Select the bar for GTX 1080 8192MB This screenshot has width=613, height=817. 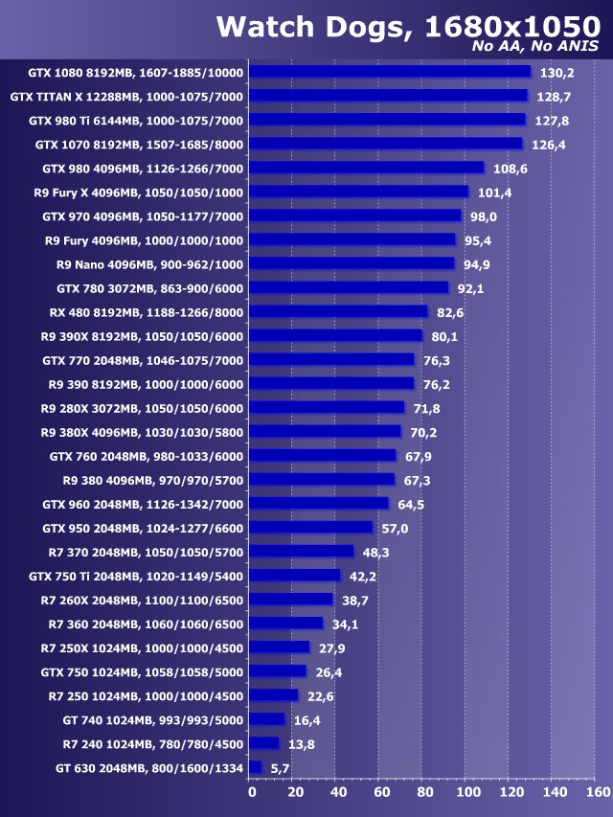click(390, 72)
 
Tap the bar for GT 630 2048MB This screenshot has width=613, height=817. click(256, 767)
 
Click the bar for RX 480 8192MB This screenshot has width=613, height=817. click(338, 311)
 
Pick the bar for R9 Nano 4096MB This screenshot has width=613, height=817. click(352, 263)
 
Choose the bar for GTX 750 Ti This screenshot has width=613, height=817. click(295, 576)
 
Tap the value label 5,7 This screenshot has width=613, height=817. click(280, 768)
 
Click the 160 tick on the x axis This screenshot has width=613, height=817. click(596, 792)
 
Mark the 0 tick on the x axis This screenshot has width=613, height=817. click(252, 792)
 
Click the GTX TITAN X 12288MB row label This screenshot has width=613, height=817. click(126, 97)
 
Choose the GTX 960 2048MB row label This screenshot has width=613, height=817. click(143, 504)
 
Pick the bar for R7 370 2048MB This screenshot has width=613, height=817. click(302, 552)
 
